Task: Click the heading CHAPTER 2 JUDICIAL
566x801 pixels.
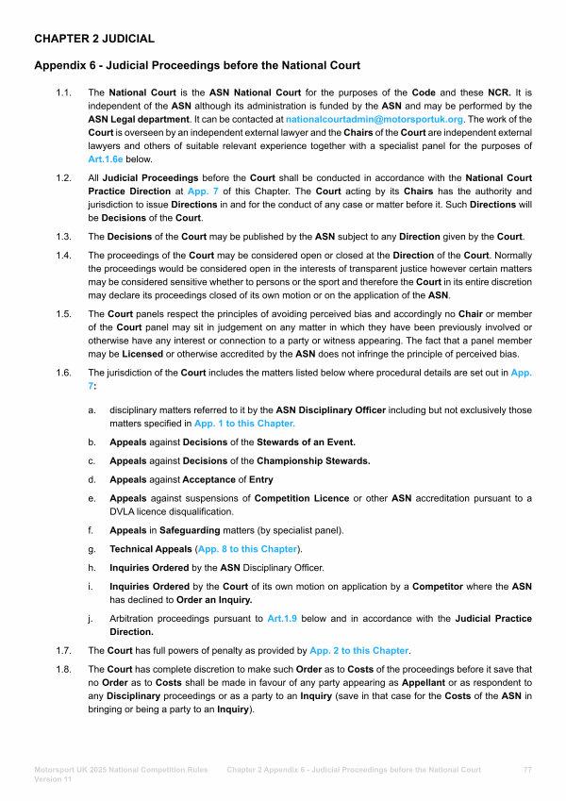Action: click(x=94, y=39)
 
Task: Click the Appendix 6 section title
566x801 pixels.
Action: click(x=197, y=65)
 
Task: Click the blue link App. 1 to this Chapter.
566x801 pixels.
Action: click(x=244, y=424)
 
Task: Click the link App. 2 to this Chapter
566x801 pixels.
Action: click(x=358, y=650)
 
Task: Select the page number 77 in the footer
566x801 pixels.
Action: click(x=527, y=770)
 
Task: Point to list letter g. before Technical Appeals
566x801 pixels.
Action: click(x=92, y=548)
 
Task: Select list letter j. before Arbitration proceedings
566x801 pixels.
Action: click(x=92, y=619)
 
